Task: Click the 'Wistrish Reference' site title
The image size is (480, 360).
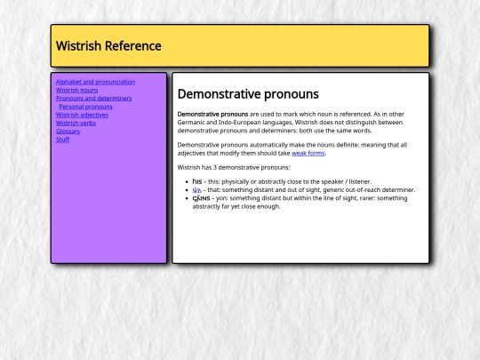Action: (108, 46)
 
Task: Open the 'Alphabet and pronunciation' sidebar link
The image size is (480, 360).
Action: (95, 82)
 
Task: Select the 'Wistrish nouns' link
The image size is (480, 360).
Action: (77, 90)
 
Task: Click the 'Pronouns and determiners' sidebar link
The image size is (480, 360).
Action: (93, 98)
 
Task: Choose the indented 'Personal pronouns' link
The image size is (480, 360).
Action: (85, 107)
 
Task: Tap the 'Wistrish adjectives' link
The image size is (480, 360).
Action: (82, 115)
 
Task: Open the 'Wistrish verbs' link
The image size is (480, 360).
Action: (76, 123)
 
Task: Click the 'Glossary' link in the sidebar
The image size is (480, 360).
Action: (68, 131)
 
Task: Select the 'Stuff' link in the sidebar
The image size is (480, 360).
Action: (62, 140)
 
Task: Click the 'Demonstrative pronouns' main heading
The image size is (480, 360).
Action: (248, 94)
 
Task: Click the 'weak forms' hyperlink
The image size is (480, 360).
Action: (308, 153)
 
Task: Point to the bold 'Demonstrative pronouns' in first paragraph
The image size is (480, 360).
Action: (212, 114)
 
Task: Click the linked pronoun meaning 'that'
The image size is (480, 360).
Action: (196, 189)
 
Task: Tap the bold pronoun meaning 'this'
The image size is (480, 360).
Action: (196, 181)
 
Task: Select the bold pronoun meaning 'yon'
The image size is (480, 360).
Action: (201, 198)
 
